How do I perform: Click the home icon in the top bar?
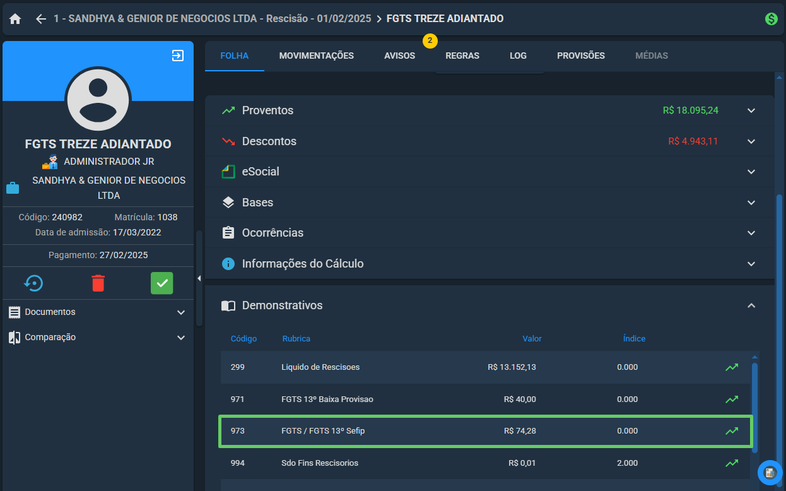click(x=15, y=18)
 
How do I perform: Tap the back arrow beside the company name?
click(x=41, y=18)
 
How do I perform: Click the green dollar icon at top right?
click(x=771, y=18)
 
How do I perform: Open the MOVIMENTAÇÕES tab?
click(x=316, y=56)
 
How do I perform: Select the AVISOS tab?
click(x=399, y=56)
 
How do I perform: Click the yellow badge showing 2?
click(x=430, y=41)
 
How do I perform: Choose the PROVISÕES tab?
click(x=581, y=56)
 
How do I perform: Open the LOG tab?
click(x=518, y=56)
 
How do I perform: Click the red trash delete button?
click(x=98, y=283)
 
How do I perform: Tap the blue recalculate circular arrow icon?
click(x=33, y=283)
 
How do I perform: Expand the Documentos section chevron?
click(x=180, y=312)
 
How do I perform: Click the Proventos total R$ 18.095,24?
click(x=690, y=110)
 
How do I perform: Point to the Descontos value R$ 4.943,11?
click(x=693, y=141)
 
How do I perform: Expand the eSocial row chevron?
click(x=751, y=172)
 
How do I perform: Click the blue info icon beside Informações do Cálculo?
click(x=228, y=264)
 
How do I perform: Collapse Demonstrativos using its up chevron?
click(x=751, y=305)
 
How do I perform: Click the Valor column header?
click(x=532, y=339)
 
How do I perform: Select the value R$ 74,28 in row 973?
click(x=520, y=431)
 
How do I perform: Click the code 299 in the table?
click(x=238, y=367)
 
